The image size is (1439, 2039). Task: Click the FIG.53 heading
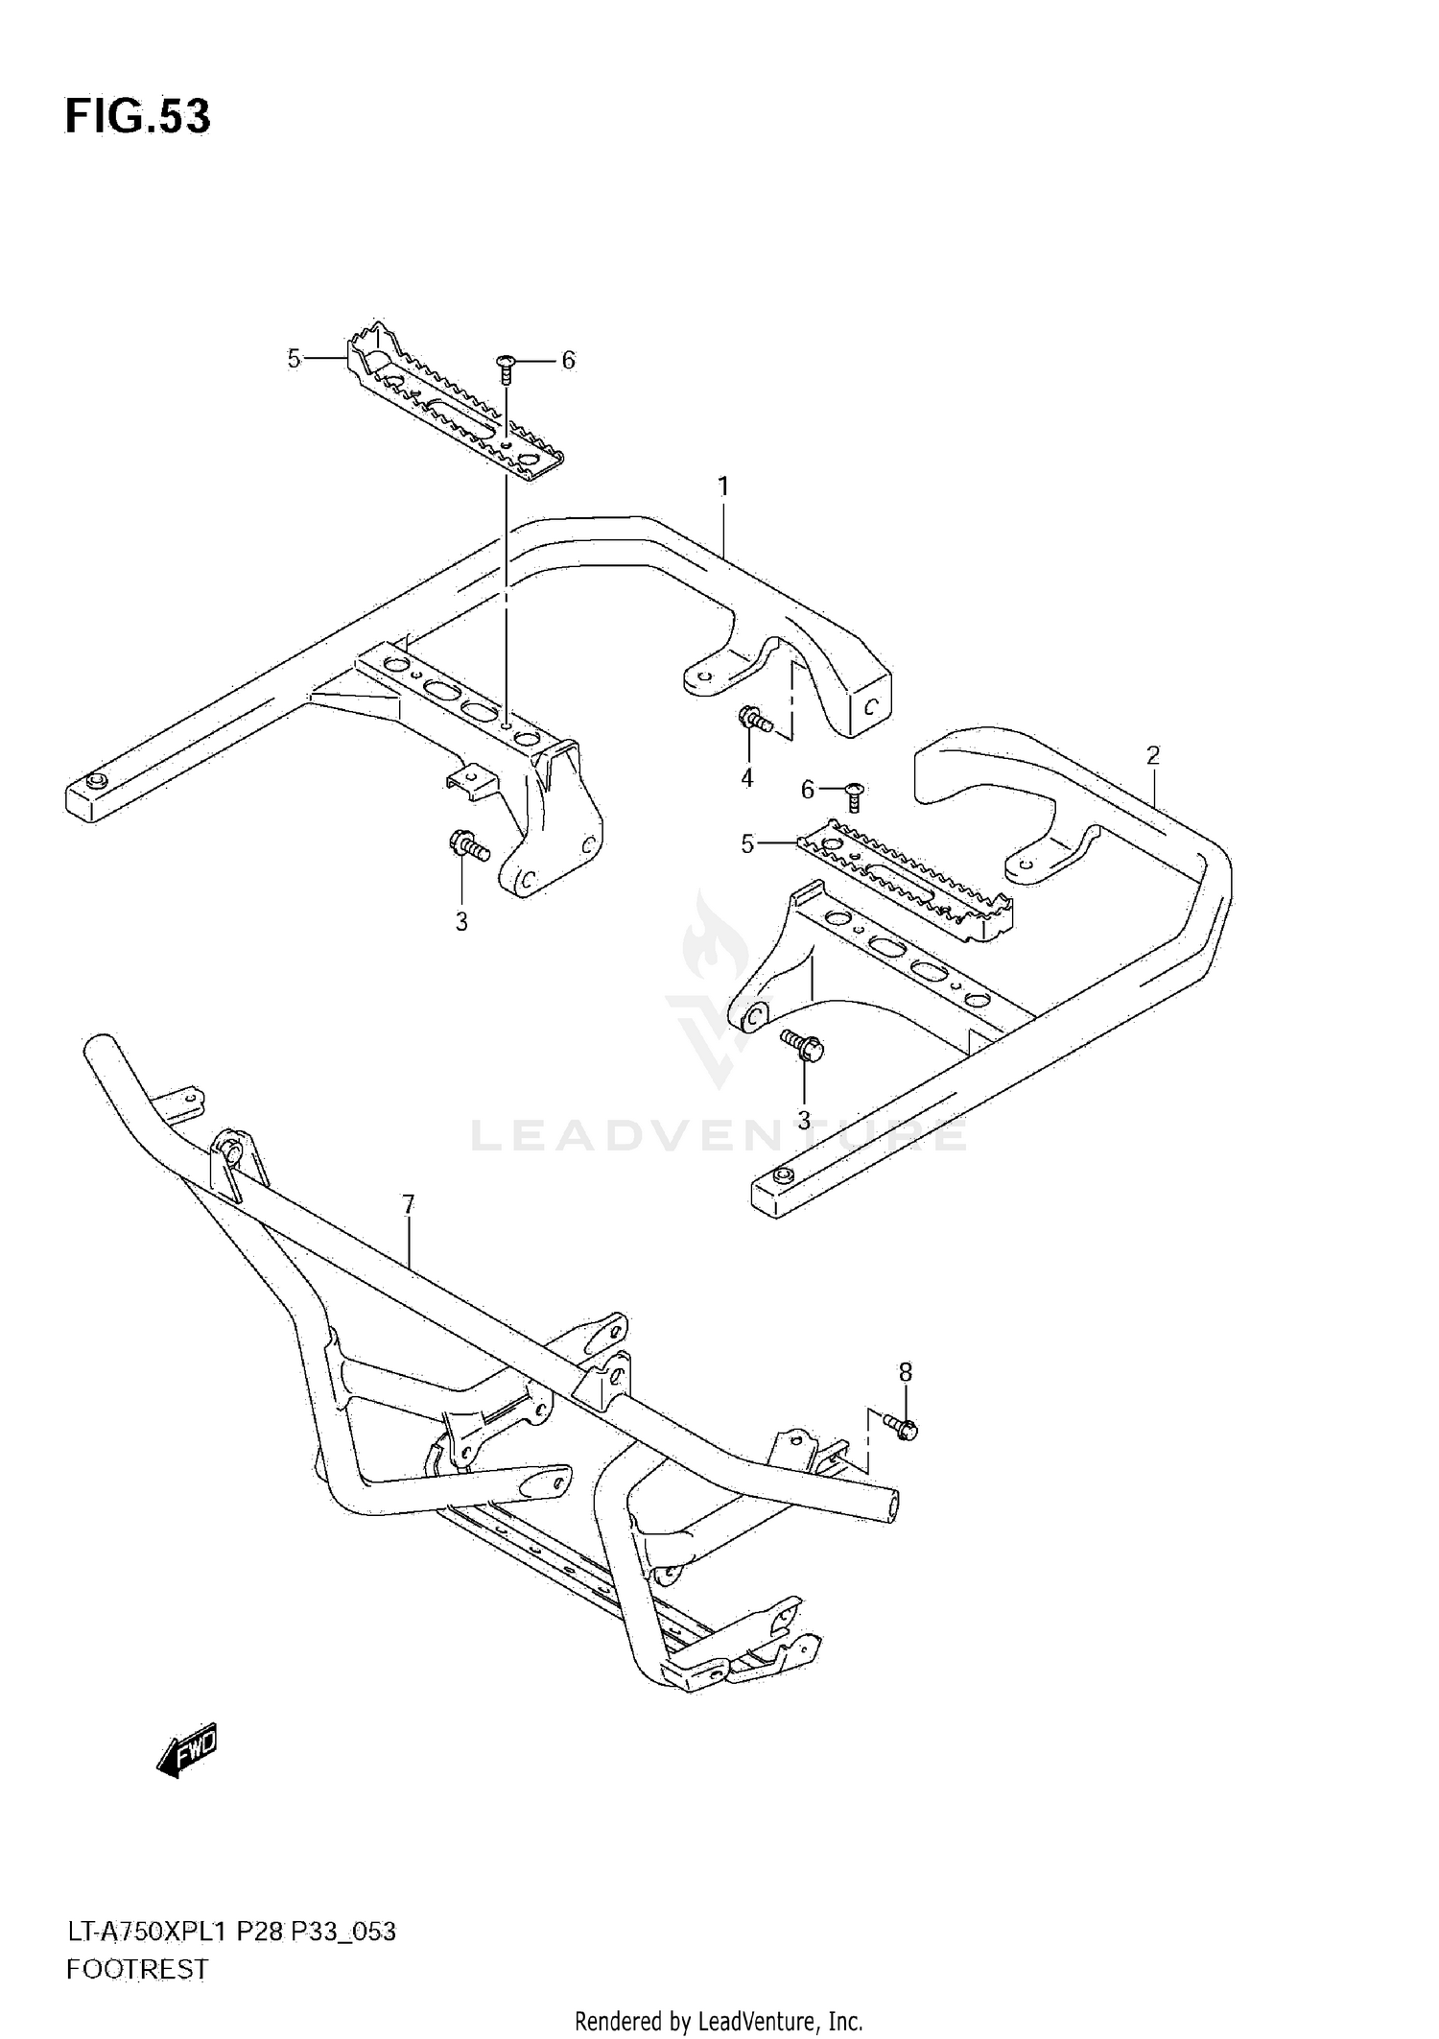(x=137, y=116)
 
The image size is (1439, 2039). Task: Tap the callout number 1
(x=723, y=487)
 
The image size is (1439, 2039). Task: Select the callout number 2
(x=1152, y=754)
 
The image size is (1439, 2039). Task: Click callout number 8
(x=905, y=1372)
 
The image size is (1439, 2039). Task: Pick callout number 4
(x=746, y=777)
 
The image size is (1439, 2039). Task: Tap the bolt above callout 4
(x=754, y=718)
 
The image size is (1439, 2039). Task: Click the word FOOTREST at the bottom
(x=137, y=1969)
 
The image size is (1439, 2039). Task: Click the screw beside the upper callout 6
(x=507, y=365)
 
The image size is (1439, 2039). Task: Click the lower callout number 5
(x=747, y=843)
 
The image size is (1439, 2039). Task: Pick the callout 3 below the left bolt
(x=460, y=922)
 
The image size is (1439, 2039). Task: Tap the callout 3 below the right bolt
(x=803, y=1120)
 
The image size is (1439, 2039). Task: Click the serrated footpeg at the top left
(x=451, y=403)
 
